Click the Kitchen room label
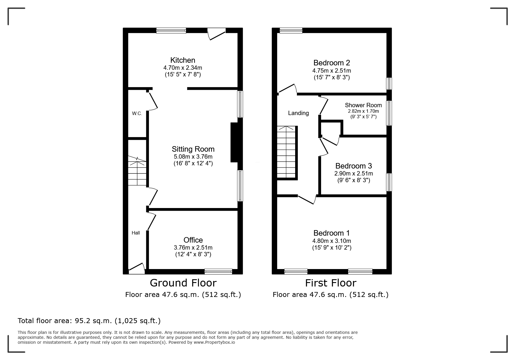coord(183,60)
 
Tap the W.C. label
coord(137,114)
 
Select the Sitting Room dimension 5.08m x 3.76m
coord(193,157)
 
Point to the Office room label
coord(193,240)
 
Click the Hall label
coord(136,233)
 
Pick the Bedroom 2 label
coord(332,63)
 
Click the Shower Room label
coord(363,105)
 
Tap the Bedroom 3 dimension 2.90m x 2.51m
coord(354,173)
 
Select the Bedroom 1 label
coord(332,233)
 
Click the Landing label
coord(298,113)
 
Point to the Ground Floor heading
coord(183,283)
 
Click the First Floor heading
coord(331,283)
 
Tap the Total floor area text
coord(89,321)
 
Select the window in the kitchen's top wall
coord(171,30)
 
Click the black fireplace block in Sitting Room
coord(234,142)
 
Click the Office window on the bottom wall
coord(218,272)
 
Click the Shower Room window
coord(389,113)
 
